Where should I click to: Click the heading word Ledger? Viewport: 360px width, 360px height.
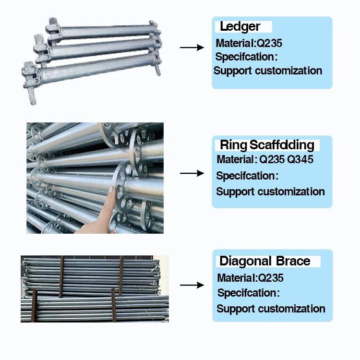pos(240,27)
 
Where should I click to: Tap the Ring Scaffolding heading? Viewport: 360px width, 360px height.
pos(267,145)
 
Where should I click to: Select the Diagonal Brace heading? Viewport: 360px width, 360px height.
pos(265,262)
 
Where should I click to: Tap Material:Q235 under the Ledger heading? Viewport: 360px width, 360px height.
pos(249,43)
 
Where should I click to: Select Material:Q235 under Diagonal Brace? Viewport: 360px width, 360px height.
pos(250,278)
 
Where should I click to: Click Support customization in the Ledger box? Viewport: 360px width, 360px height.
pos(268,71)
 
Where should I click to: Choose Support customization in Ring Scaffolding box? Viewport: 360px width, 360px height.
pos(270,192)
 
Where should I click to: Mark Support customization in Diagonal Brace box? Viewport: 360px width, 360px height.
pos(271,309)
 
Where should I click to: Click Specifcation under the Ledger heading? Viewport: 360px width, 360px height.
pos(246,57)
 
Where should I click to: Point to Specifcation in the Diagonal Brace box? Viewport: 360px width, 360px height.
pos(248,293)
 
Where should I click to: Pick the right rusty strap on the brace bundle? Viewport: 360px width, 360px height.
pos(120,283)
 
